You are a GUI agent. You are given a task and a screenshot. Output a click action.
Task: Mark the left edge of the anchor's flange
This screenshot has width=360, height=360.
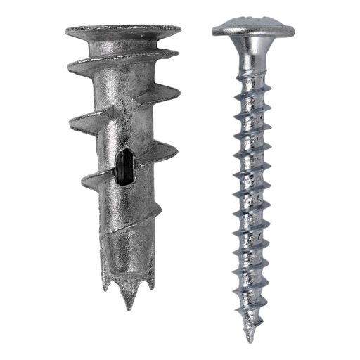[x=64, y=32]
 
